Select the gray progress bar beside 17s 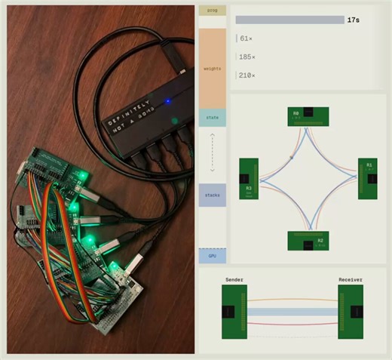click(289, 20)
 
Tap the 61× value click(246, 38)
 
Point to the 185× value click(247, 57)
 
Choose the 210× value click(247, 75)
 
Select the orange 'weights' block click(213, 69)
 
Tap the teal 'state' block click(213, 118)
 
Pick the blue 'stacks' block click(213, 195)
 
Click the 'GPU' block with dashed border click(213, 256)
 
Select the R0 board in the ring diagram click(308, 116)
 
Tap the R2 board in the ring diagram click(308, 241)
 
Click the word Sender click(234, 280)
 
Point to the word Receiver click(351, 280)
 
